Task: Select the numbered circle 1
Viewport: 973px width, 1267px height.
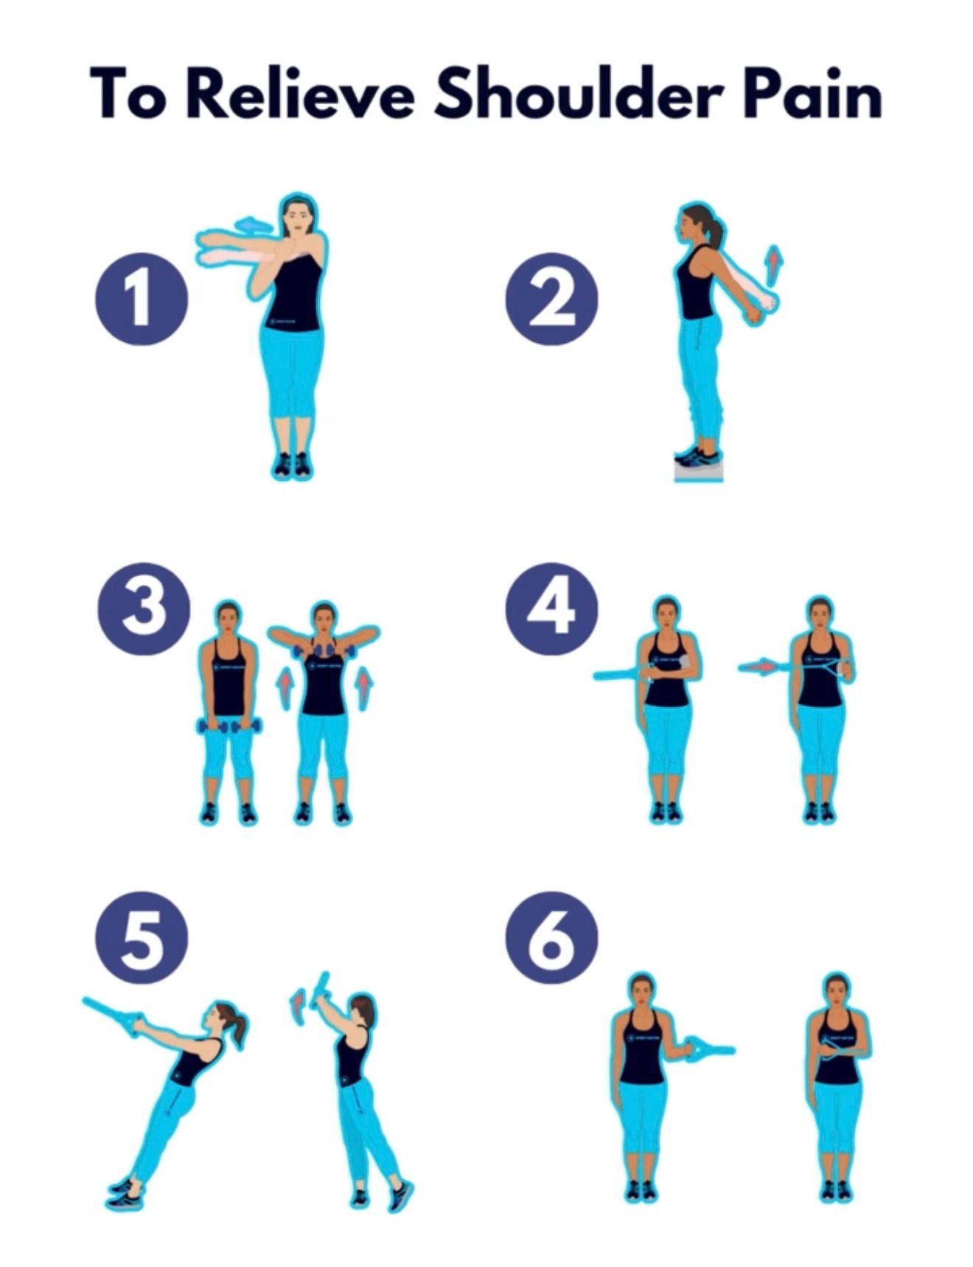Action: click(141, 299)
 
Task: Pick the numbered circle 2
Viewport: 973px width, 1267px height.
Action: click(551, 299)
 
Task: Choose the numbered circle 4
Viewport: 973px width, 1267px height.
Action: click(551, 609)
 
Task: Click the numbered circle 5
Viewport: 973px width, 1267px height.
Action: click(142, 937)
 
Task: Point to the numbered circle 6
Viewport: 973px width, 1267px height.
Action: click(551, 937)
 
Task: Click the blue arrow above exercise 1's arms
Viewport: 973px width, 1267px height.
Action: click(252, 223)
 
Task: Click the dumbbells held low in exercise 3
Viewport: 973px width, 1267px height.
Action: click(229, 726)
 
